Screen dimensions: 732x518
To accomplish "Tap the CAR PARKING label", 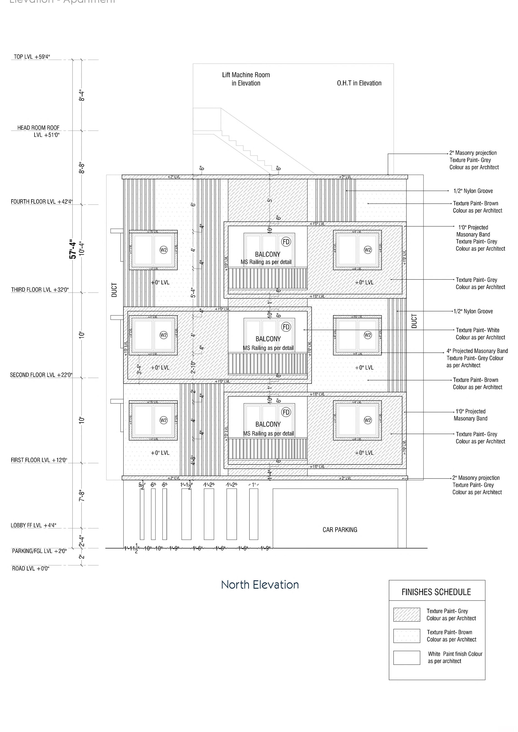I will (x=340, y=530).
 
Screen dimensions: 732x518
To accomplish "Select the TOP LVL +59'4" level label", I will (x=32, y=57).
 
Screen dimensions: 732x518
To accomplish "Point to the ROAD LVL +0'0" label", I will (x=31, y=568).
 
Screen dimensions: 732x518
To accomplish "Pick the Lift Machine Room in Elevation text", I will (x=246, y=79).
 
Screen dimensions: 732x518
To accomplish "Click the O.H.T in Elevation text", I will (x=359, y=83).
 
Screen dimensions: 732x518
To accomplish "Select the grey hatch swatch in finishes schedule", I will (x=406, y=615).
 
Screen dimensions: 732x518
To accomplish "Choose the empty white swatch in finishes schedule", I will (x=406, y=658).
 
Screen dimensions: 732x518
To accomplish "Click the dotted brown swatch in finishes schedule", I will (x=406, y=636).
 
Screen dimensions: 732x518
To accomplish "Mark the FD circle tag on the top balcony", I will (x=286, y=242).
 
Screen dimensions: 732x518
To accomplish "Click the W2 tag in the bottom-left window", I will (x=164, y=420).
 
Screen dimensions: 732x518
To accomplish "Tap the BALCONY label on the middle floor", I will (x=268, y=339).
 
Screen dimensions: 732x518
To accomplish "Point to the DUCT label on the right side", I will (x=414, y=321).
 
